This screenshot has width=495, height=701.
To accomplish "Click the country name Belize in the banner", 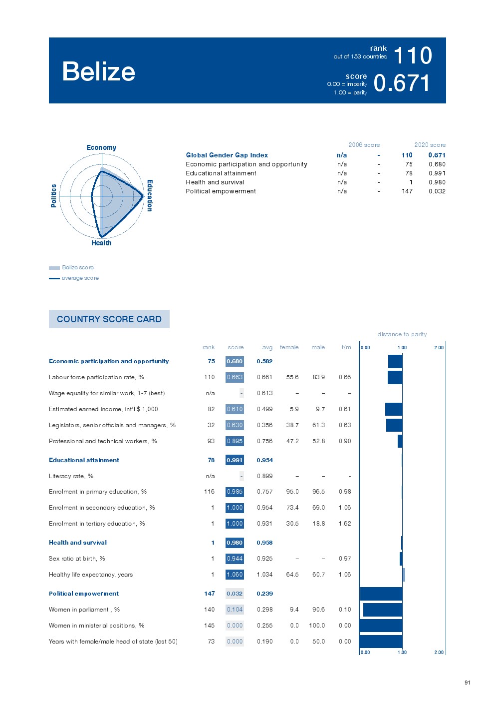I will (99, 71).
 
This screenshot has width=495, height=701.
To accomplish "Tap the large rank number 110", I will (413, 55).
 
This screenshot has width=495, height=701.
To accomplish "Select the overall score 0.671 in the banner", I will (402, 83).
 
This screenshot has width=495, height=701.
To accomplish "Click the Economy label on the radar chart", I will (101, 147).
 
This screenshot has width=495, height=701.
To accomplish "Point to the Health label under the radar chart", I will (101, 243).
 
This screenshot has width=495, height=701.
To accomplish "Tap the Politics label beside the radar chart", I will (54, 195).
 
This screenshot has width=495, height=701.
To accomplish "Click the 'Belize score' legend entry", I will (77, 267).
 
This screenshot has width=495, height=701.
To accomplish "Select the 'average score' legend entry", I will (80, 278).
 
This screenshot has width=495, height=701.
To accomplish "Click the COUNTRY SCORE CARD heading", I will (109, 319).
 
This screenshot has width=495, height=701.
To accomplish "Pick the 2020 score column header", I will (430, 145).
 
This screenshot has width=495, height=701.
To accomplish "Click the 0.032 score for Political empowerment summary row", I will (437, 191).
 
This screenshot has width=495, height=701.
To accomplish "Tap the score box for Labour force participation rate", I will (235, 377).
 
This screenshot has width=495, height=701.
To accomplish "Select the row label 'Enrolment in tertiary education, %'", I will (97, 524).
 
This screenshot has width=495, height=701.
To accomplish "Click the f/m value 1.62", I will (345, 524).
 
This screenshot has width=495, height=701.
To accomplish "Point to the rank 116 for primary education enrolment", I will (209, 492).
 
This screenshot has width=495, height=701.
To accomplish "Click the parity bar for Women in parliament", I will (383, 610).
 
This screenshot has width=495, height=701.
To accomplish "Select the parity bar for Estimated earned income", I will (394, 409).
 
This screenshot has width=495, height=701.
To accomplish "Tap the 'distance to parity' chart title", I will (402, 334).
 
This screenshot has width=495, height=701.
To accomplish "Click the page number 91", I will (467, 683).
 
